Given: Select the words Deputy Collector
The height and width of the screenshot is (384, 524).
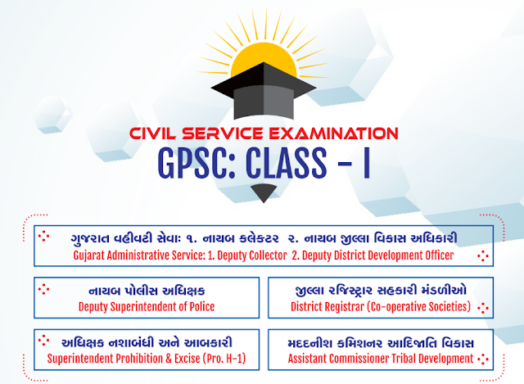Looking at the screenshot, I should click(x=249, y=255).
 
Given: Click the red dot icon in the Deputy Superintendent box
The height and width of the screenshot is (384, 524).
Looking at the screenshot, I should click(x=45, y=288).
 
